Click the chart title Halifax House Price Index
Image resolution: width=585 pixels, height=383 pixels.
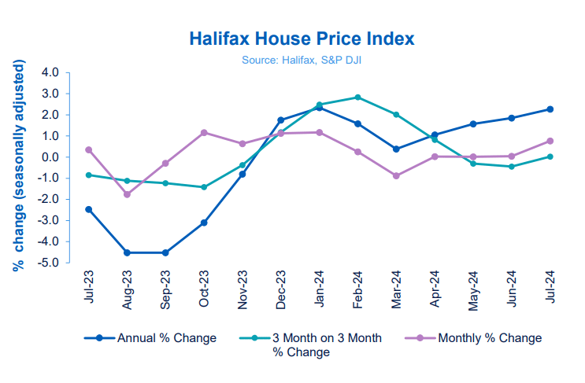point(302,39)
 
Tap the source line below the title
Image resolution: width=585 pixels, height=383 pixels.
point(302,58)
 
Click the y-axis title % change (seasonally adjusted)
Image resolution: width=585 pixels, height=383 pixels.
point(18,168)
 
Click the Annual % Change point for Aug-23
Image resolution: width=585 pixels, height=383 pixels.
point(127,252)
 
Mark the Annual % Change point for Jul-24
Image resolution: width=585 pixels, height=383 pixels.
point(550,109)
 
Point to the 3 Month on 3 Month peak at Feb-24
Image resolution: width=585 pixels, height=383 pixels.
point(358,98)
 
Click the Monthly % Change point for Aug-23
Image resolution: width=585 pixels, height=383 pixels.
point(127,194)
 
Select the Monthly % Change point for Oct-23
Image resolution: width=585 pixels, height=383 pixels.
point(204,133)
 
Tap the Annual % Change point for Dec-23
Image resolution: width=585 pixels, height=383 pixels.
point(281,120)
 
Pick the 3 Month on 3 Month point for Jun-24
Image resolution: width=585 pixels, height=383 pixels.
point(512,167)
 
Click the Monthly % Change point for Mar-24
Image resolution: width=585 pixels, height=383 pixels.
point(396,176)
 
